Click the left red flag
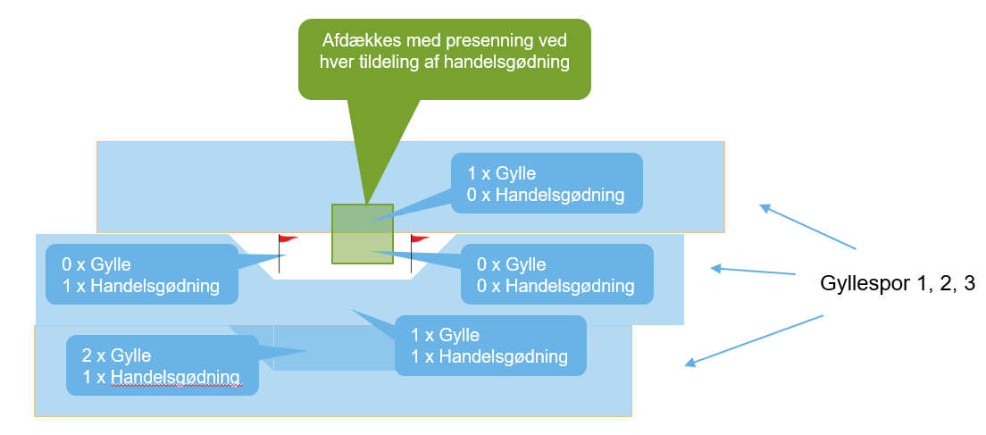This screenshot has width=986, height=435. [288, 239]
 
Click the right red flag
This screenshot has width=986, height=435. [419, 239]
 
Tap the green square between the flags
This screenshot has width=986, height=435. [363, 233]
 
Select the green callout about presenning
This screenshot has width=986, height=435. [444, 59]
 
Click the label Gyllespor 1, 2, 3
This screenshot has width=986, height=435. [897, 285]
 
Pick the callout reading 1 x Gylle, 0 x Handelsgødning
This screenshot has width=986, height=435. [546, 183]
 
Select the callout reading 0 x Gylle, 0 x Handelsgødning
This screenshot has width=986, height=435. [557, 275]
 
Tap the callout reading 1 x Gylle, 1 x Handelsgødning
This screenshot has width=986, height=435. [489, 346]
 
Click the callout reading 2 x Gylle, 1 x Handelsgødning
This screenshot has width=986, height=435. [162, 364]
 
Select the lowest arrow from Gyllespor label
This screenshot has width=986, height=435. [752, 339]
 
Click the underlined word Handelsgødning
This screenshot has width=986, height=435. [177, 376]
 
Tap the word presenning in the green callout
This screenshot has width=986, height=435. [480, 42]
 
